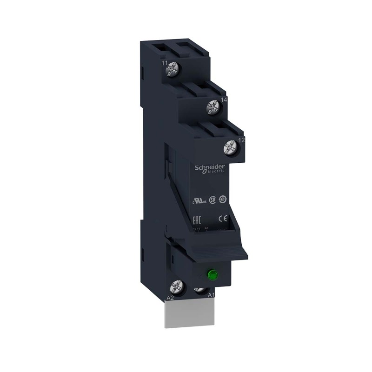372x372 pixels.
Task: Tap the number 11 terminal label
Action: pos(164,63)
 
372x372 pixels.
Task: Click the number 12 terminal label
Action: pos(241,139)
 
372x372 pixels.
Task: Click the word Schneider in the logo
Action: pos(209,166)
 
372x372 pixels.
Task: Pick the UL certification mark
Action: pos(201,201)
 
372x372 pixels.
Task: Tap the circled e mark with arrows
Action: pos(223,199)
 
